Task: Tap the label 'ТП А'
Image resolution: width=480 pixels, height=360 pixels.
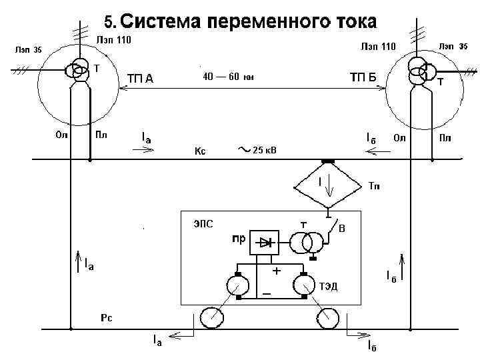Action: point(141,79)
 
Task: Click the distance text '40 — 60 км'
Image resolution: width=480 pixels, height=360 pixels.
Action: point(228,77)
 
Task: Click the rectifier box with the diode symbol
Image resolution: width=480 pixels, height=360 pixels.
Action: point(268,243)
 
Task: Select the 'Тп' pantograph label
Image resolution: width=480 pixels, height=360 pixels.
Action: point(375,185)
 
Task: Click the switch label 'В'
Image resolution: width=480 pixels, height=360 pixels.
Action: point(342,229)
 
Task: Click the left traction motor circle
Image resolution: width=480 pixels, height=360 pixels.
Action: point(237,285)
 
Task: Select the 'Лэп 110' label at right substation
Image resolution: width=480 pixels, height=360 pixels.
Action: point(378,46)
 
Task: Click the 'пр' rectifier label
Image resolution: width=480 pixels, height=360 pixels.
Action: point(238,237)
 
